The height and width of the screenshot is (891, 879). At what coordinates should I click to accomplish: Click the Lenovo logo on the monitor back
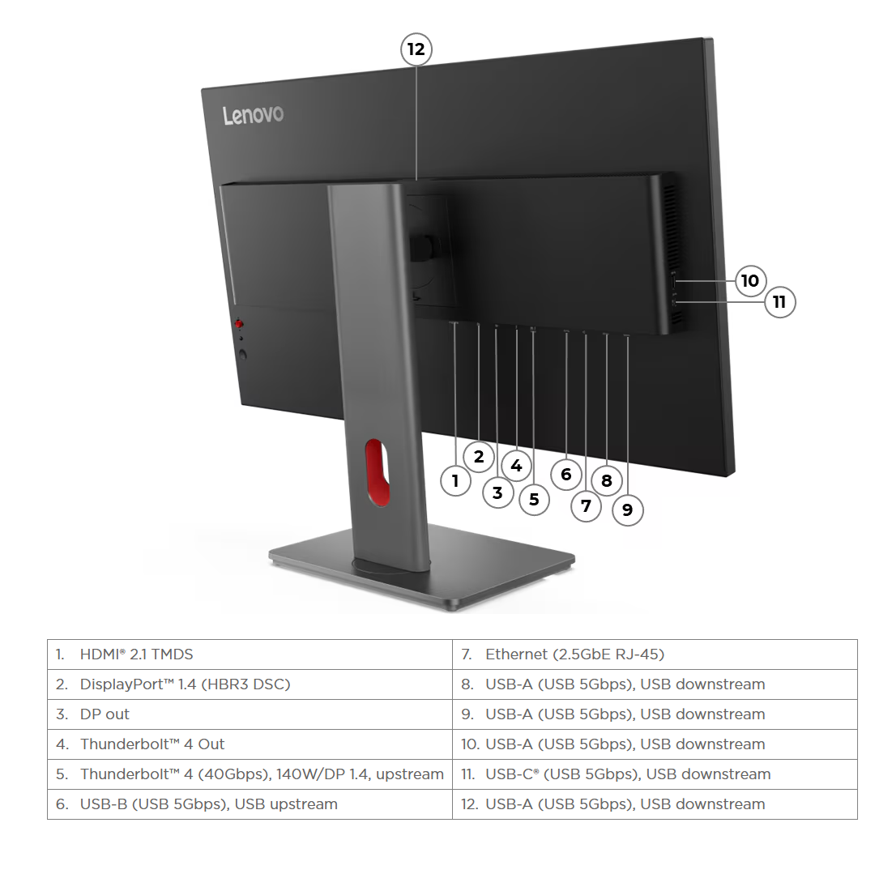(253, 115)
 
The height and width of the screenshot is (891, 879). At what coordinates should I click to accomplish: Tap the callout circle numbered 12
(416, 49)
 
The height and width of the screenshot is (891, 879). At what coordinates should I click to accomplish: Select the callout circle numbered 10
(750, 280)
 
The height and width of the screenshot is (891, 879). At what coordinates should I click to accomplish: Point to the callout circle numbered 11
(779, 302)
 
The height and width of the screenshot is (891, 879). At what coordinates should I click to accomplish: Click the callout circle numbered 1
(455, 481)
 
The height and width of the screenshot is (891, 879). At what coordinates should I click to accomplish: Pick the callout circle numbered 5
(533, 499)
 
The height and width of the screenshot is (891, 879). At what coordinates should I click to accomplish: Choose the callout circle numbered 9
(627, 509)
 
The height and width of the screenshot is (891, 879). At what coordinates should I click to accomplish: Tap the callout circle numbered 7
(586, 506)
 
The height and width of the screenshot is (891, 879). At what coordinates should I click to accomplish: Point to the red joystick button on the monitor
(240, 324)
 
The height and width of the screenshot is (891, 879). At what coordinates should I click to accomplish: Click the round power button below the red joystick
(242, 353)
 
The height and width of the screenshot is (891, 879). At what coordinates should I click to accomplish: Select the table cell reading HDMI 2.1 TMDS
(250, 654)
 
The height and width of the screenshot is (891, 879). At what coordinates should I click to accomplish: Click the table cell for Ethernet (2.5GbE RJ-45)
(655, 654)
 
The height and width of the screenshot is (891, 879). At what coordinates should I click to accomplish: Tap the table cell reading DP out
(250, 714)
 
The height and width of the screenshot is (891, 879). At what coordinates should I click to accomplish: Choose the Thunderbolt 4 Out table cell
(250, 744)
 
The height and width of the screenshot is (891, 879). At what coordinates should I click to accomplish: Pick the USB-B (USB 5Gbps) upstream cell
(250, 804)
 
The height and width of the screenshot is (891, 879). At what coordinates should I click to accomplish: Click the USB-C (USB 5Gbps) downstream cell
(655, 774)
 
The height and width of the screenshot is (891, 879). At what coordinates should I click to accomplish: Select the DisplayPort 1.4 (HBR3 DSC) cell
(250, 684)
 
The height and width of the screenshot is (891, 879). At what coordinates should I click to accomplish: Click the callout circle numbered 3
(497, 492)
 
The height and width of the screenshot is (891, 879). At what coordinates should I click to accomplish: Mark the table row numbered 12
(655, 804)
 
